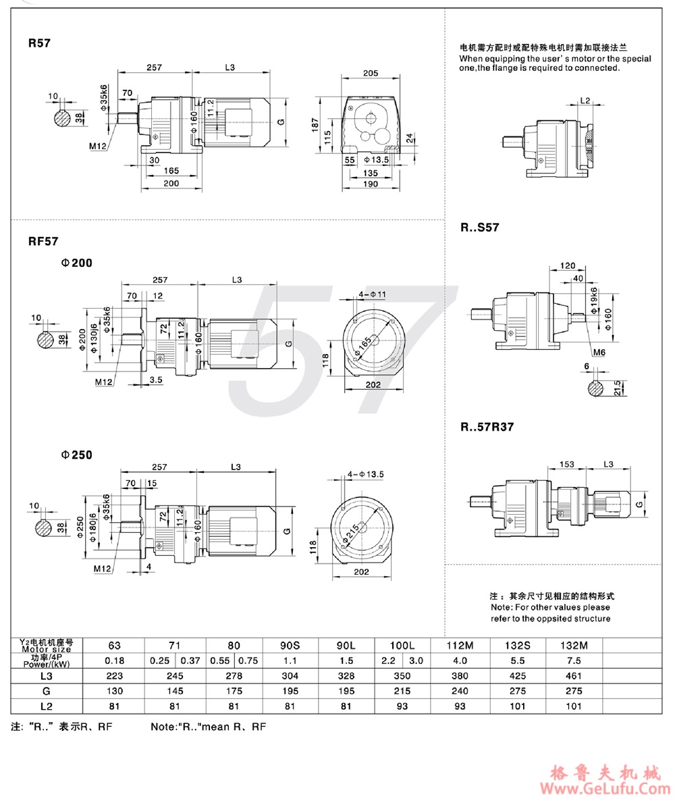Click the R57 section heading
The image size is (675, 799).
point(38,42)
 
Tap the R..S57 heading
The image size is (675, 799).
point(480,228)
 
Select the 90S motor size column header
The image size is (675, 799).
point(289,645)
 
